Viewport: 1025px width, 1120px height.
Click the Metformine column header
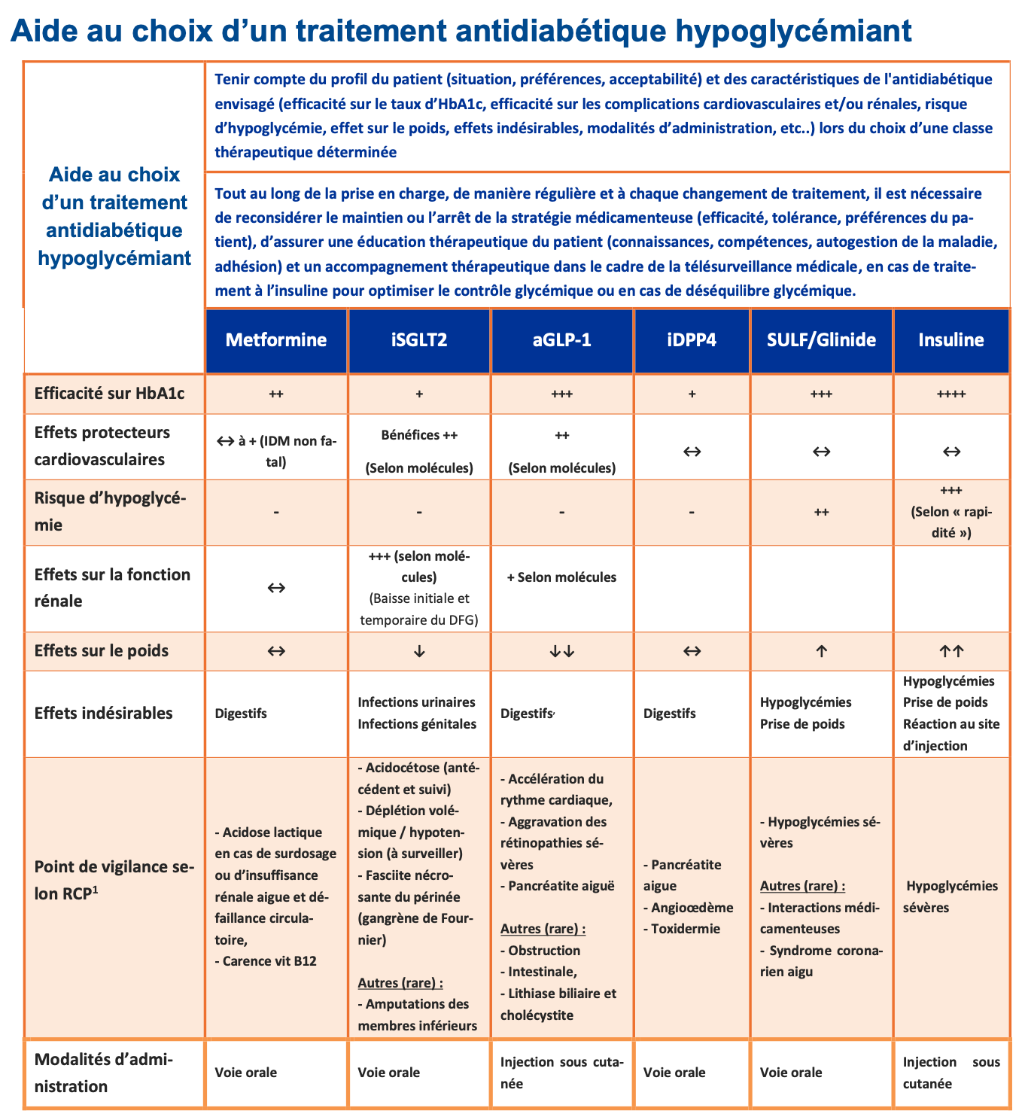point(276,340)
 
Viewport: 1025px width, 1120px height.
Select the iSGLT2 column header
point(419,340)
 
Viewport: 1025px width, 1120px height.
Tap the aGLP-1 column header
point(562,340)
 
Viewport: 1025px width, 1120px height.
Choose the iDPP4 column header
point(692,340)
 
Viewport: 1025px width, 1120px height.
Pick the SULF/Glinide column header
point(821,340)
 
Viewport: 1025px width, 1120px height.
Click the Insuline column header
point(951,340)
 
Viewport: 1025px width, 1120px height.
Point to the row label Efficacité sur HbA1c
point(109,394)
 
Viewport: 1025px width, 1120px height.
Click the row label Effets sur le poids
point(102,651)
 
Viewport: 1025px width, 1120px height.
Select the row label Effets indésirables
point(104,713)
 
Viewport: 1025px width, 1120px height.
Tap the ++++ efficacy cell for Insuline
point(951,394)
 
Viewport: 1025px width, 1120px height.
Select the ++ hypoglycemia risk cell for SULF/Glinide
point(821,513)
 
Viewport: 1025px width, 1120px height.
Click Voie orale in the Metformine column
point(246,1073)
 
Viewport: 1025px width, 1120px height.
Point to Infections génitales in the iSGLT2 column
point(417,724)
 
